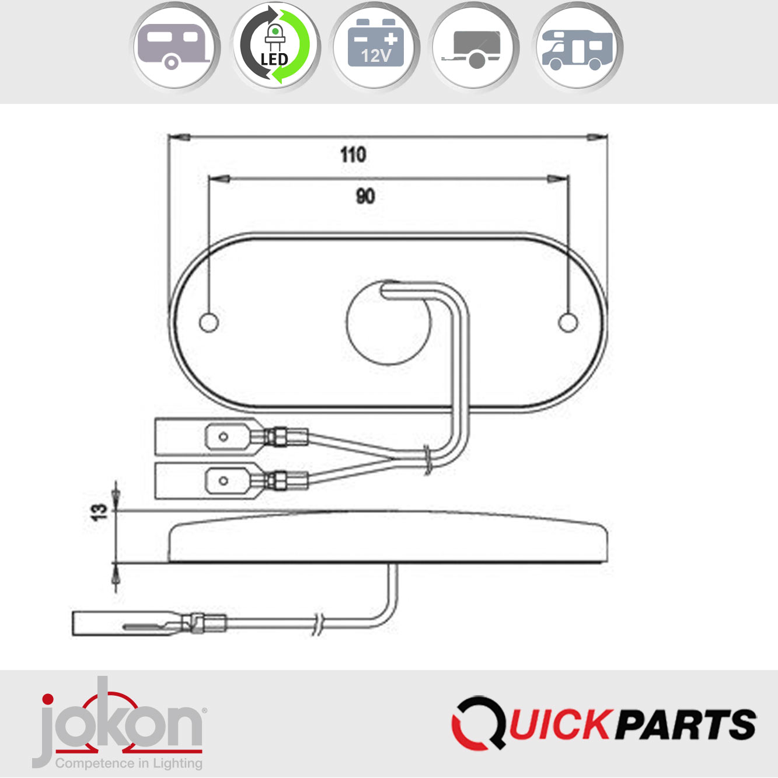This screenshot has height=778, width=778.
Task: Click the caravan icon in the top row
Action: [x=175, y=46]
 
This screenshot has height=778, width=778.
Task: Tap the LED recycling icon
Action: [x=275, y=46]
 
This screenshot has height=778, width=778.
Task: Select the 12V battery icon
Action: [x=375, y=46]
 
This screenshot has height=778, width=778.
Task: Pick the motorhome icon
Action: [x=578, y=46]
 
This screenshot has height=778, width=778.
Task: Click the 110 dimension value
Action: [x=353, y=155]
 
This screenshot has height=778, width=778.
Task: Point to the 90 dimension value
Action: [x=365, y=196]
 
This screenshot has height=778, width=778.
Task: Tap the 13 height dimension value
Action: [x=99, y=512]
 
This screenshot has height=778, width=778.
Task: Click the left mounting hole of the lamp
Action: [x=209, y=323]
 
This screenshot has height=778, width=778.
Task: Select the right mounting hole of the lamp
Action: [x=568, y=323]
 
